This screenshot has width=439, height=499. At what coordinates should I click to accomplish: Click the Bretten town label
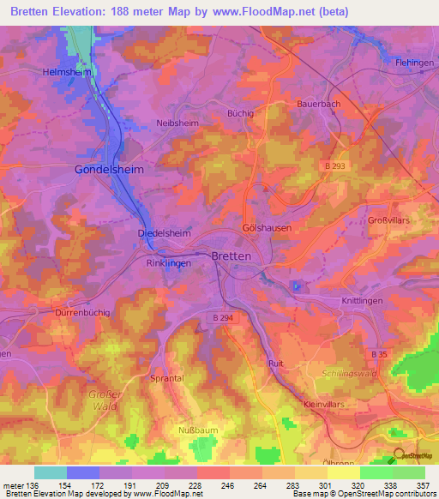(232, 256)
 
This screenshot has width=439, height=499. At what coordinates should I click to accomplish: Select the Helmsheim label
(68, 72)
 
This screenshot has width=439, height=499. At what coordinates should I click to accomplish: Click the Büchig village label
(240, 112)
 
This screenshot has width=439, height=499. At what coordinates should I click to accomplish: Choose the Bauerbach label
(318, 103)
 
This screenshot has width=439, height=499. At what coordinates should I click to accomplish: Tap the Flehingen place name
(415, 63)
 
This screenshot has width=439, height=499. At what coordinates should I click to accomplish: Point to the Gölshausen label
(267, 228)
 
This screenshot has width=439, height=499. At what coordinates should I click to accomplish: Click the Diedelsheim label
(163, 232)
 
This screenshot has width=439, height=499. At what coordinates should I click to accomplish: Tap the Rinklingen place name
(168, 263)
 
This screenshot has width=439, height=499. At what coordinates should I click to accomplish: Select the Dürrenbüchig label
(82, 313)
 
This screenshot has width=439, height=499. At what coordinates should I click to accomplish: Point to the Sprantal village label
(166, 377)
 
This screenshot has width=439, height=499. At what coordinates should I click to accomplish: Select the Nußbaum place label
(196, 430)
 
